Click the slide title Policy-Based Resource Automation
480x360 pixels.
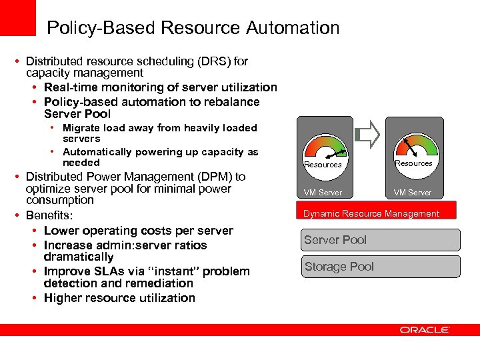[193, 28]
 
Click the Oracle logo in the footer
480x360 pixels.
[425, 329]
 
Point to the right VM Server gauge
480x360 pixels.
[413, 147]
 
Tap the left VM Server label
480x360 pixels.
[323, 193]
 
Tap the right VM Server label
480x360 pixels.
[412, 193]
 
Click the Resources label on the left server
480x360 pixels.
[323, 165]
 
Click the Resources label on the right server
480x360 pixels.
[413, 163]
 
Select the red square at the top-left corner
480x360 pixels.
[17, 17]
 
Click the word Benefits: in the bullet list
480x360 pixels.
[49, 216]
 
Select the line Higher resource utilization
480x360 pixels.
[119, 298]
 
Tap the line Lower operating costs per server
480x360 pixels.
[138, 231]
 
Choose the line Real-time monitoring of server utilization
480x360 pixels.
[160, 87]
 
